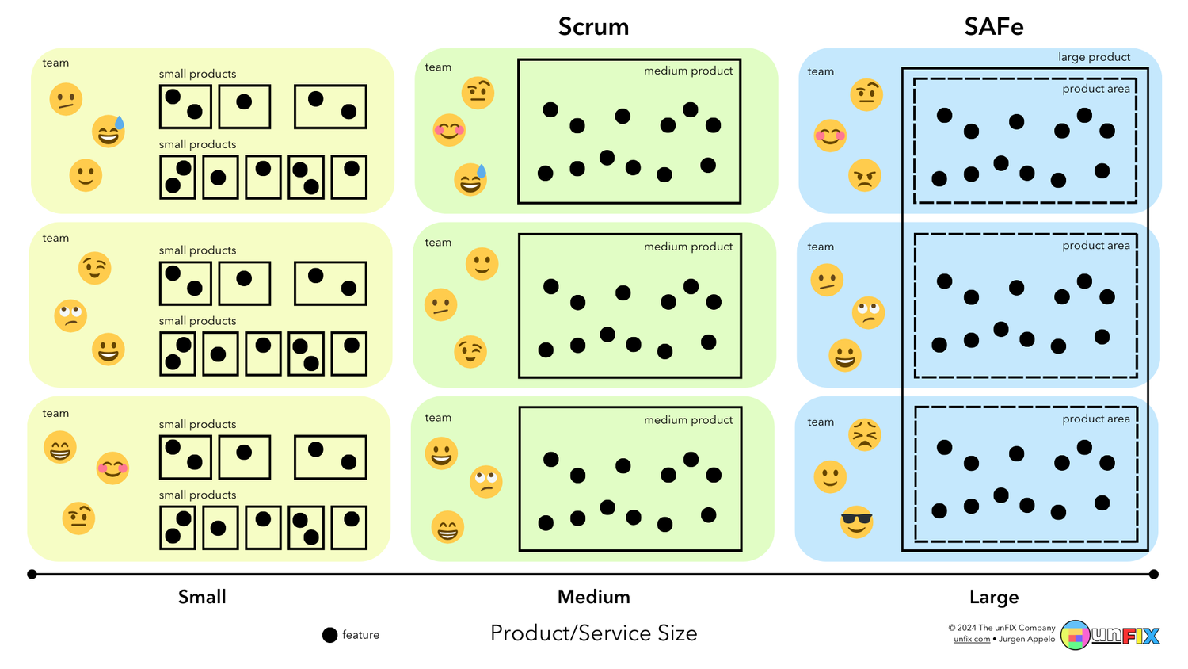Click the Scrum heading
pos(593,27)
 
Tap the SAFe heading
pos(993,27)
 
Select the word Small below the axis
pos(202,597)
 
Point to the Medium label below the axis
pos(593,597)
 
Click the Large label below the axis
pos(993,597)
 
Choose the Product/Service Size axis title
pos(593,633)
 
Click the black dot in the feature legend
pos(330,635)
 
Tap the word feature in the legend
pos(360,635)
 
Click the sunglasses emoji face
pos(856,522)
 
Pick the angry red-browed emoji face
pos(864,176)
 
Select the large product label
pos(1094,57)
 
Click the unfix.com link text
pos(971,639)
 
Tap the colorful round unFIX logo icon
pos(1075,635)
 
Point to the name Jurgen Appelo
pos(1026,639)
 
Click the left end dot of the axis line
pos(32,574)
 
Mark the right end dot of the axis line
pos(1154,574)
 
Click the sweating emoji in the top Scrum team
pos(470,180)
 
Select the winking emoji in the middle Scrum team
pos(470,352)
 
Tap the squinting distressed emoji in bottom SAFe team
pos(864,435)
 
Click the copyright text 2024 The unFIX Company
pos(1002,628)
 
